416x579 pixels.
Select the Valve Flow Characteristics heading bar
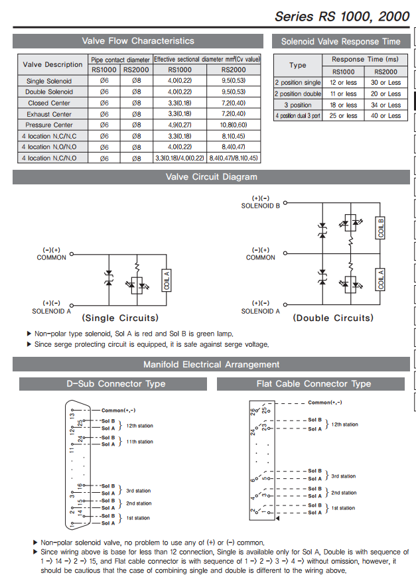tap(137, 41)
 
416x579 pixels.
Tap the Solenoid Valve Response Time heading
tap(340, 41)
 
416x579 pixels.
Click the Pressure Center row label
tap(49, 125)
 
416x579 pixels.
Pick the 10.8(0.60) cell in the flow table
tap(233, 125)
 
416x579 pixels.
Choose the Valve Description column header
tap(53, 64)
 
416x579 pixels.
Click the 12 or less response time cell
tap(343, 83)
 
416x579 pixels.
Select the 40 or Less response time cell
tap(385, 116)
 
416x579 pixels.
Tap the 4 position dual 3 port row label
tap(298, 116)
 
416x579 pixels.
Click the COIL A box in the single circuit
tap(167, 280)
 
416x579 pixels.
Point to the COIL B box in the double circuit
tap(381, 227)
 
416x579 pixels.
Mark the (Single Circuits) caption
tap(120, 318)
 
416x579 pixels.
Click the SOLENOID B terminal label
tap(260, 206)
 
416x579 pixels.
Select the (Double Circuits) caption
tap(333, 318)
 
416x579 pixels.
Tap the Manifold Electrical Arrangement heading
tap(211, 364)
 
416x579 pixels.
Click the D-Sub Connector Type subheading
tap(115, 383)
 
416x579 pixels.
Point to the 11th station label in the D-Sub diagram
tap(139, 442)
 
